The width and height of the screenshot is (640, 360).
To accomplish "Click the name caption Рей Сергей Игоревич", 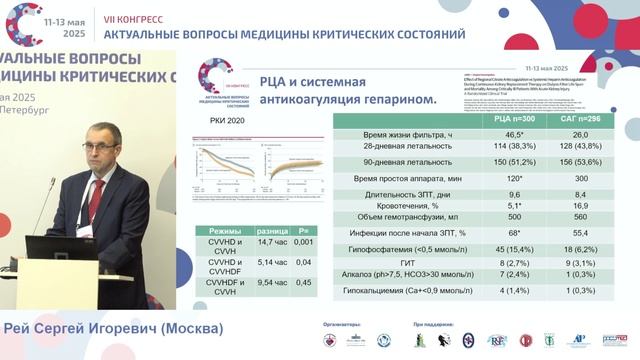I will (x=111, y=328).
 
